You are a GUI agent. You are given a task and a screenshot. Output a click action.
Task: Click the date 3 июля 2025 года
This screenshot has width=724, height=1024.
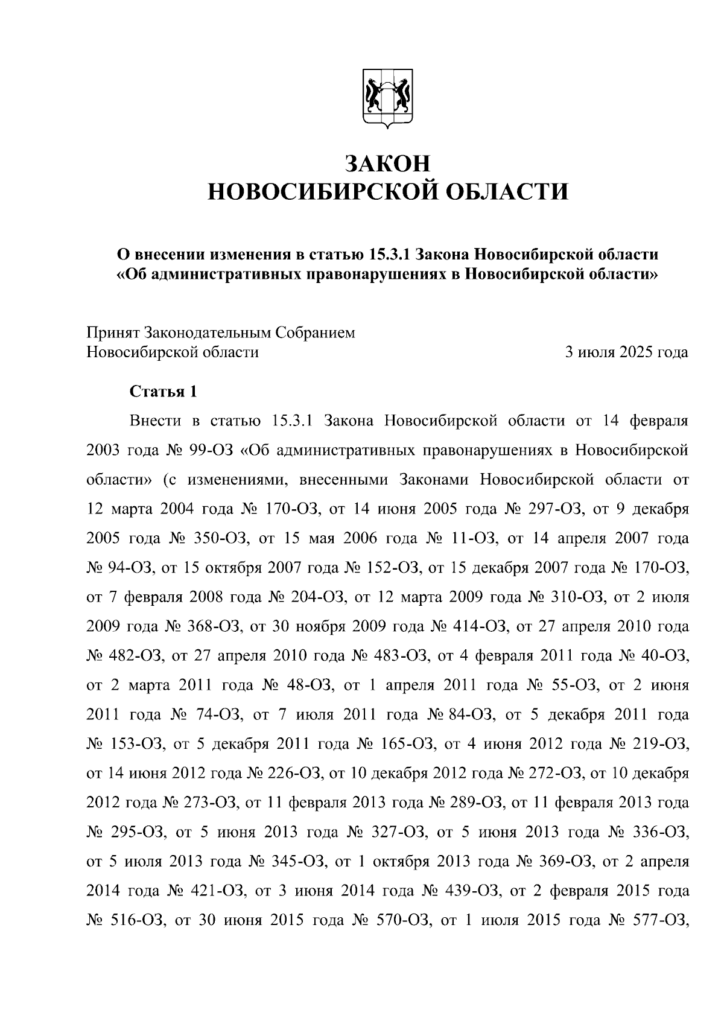pos(626,352)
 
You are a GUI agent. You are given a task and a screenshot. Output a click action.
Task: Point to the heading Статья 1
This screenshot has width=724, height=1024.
pos(164,392)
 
